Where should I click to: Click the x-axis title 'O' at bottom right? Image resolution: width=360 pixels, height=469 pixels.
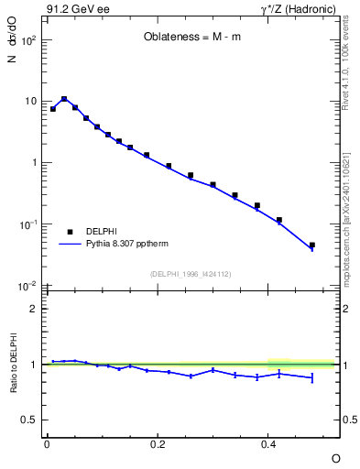pos(335,457)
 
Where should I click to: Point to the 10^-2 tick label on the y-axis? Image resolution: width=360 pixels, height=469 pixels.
pos(27,287)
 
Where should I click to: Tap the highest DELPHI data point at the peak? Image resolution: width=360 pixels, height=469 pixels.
pos(64,99)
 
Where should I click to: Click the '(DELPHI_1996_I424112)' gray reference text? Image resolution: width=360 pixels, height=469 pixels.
pos(191,274)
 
